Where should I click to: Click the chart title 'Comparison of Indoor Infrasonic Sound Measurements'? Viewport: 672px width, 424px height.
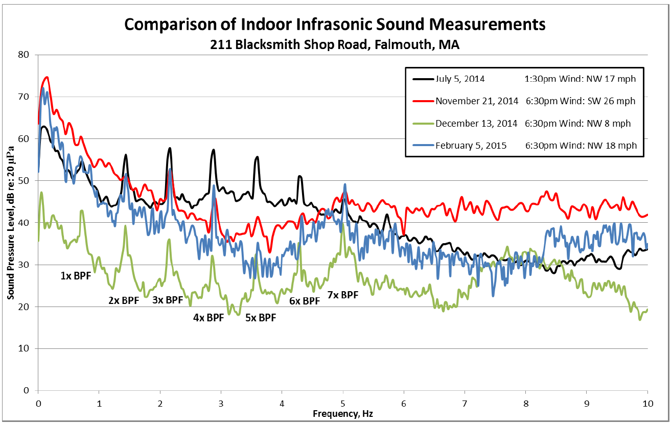click(x=335, y=24)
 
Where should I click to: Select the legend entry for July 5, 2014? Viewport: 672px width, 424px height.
click(x=460, y=79)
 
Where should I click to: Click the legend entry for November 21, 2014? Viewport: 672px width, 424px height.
click(x=477, y=101)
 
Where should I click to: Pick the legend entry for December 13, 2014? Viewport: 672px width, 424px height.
click(x=477, y=123)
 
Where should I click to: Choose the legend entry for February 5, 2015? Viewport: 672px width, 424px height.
click(x=471, y=146)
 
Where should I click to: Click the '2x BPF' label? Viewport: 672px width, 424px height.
click(x=124, y=301)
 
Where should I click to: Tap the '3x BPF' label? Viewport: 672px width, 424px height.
click(x=168, y=300)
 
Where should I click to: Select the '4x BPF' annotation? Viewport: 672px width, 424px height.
click(x=208, y=318)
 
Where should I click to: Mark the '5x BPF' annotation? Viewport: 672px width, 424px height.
click(x=261, y=318)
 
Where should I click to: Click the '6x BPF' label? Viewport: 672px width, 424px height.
click(x=305, y=301)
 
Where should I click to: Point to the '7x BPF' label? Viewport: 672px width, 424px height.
click(x=343, y=295)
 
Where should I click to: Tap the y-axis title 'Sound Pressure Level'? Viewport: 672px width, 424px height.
click(x=11, y=222)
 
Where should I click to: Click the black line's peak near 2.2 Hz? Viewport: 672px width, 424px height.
click(x=170, y=148)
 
